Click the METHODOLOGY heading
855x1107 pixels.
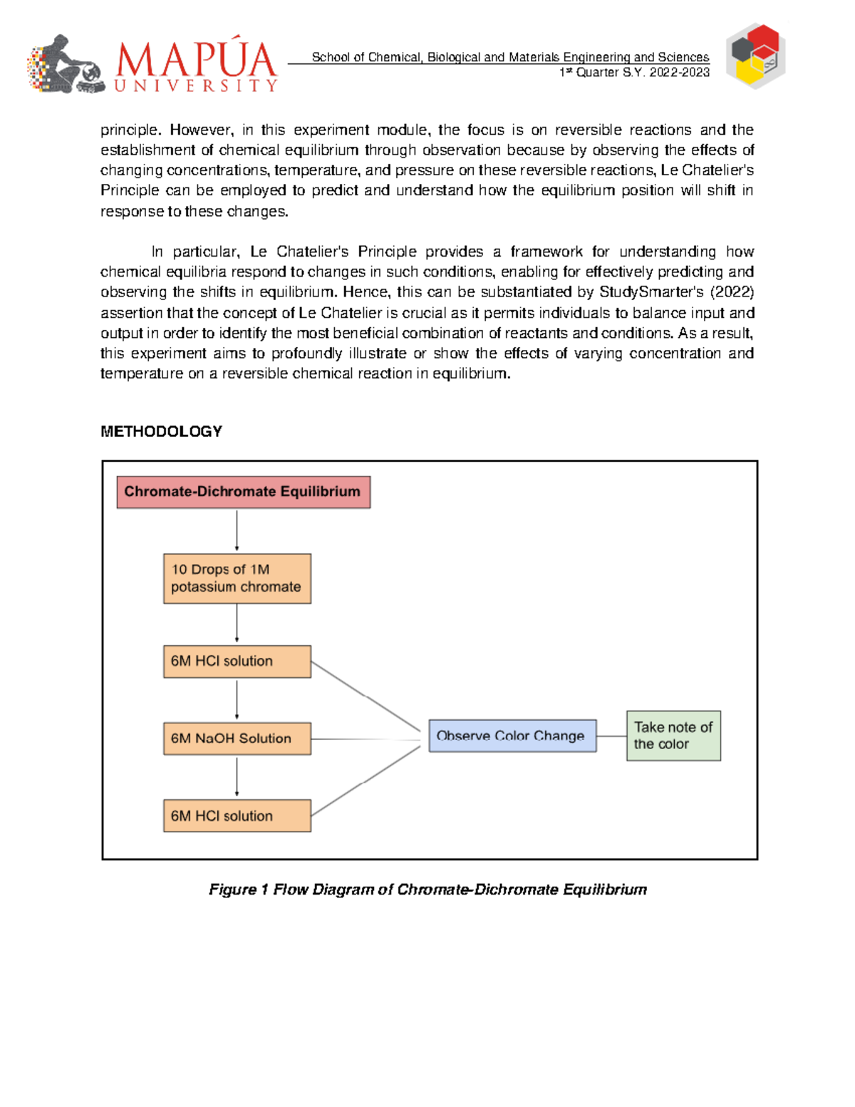pyautogui.click(x=161, y=431)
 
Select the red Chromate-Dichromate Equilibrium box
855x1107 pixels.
pyautogui.click(x=243, y=492)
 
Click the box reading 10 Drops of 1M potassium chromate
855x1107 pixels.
pyautogui.click(x=237, y=578)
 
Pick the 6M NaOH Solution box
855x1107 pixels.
pyautogui.click(x=237, y=738)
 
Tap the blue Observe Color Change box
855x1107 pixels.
pyautogui.click(x=512, y=736)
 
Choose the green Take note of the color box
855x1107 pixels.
pyautogui.click(x=673, y=736)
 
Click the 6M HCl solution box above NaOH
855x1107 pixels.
pyautogui.click(x=237, y=661)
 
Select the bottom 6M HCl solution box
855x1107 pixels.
pyautogui.click(x=237, y=815)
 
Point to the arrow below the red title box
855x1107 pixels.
pyautogui.click(x=237, y=530)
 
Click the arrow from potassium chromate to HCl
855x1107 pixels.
pyautogui.click(x=237, y=624)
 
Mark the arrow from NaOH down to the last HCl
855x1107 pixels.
pyautogui.click(x=237, y=777)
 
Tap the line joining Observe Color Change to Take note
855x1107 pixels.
pyautogui.click(x=611, y=736)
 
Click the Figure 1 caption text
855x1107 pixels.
pyautogui.click(x=427, y=890)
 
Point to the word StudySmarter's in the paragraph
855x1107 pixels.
pyautogui.click(x=651, y=292)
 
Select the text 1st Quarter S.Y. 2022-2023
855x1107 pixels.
pyautogui.click(x=634, y=73)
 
